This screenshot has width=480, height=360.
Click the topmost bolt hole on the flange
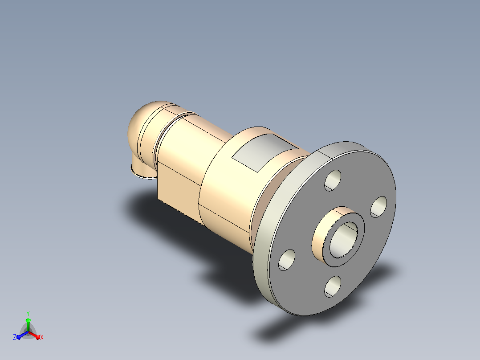pos(333,180)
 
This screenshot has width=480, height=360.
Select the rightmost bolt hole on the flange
pos(378,207)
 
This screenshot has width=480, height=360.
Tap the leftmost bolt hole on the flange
pos(287,260)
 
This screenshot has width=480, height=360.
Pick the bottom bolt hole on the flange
pos(333,286)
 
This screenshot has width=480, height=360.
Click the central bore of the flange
pos(343,240)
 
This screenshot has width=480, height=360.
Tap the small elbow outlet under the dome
pos(142,168)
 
